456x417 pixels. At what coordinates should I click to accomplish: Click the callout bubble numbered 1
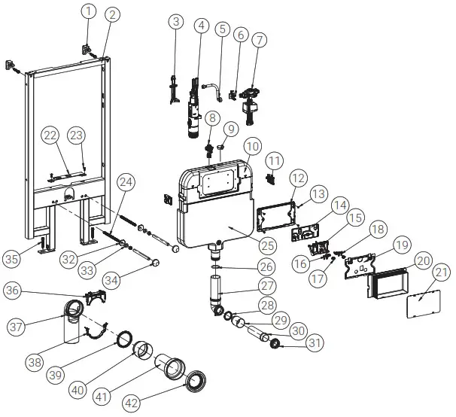click(89, 11)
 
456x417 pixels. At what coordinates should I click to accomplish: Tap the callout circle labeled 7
click(259, 39)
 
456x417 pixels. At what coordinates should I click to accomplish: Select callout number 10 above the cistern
click(252, 145)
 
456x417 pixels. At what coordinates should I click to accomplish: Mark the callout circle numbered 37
click(16, 326)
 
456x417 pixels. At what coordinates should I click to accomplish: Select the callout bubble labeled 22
click(50, 134)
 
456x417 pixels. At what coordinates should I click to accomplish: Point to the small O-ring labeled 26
click(215, 265)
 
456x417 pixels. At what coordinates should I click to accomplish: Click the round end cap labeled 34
click(157, 263)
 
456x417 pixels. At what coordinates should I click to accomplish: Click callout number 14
click(340, 205)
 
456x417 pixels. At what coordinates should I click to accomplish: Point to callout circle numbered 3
click(175, 22)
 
